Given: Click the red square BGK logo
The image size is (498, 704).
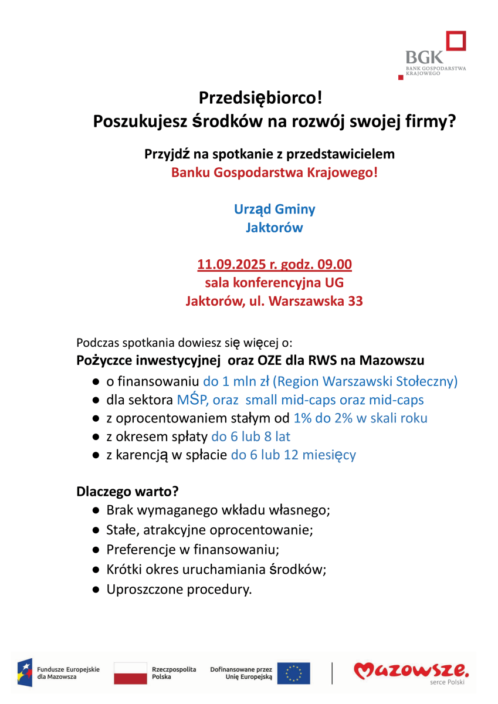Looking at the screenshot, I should tap(456, 42).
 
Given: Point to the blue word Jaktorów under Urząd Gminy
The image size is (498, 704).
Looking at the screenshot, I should tap(274, 228).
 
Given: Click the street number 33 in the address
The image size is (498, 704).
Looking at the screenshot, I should tap(355, 302).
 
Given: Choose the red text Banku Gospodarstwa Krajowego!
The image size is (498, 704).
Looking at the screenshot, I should tap(274, 173).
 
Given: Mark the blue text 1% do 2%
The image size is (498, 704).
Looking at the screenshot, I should tap(328, 418).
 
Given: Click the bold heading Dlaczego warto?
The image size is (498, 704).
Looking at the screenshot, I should tap(128, 491).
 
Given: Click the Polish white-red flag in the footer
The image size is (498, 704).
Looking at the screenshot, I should tap(130, 673).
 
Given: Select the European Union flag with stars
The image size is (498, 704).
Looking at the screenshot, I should tap(293, 673).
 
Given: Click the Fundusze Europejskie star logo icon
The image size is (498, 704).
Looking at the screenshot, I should tap(25, 673).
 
